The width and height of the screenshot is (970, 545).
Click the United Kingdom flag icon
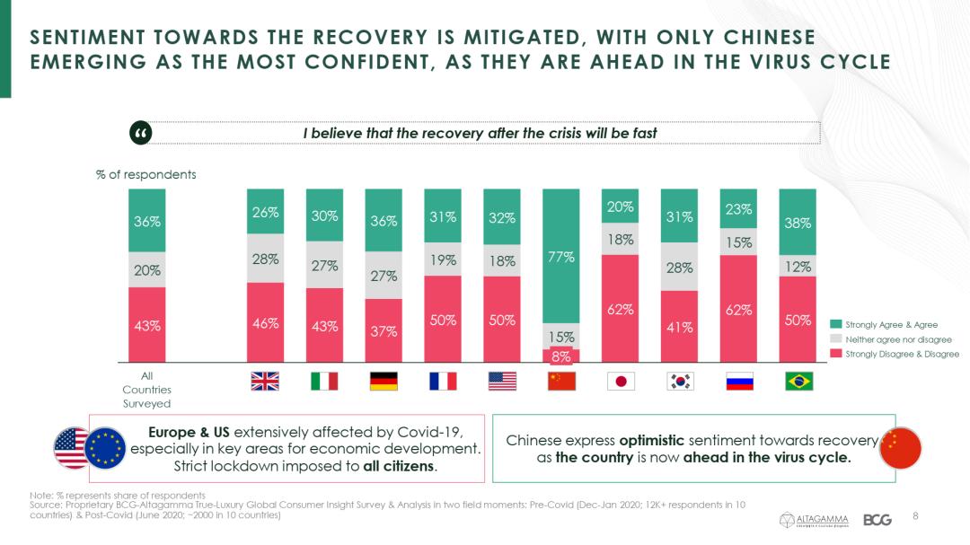(265, 381)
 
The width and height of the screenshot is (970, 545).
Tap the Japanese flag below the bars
(621, 381)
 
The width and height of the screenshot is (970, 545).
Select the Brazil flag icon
(798, 381)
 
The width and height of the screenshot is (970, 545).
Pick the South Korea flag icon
(680, 381)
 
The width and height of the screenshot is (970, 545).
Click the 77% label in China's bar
(561, 257)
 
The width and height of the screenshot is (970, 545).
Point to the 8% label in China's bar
(561, 356)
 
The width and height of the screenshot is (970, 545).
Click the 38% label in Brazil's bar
(798, 223)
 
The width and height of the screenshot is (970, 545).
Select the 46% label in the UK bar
(265, 323)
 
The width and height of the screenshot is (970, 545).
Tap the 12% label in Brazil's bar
(798, 267)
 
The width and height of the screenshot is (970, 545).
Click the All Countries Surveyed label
(146, 390)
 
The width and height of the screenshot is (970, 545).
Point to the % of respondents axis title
(145, 174)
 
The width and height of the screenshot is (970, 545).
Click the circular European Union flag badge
(107, 448)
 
